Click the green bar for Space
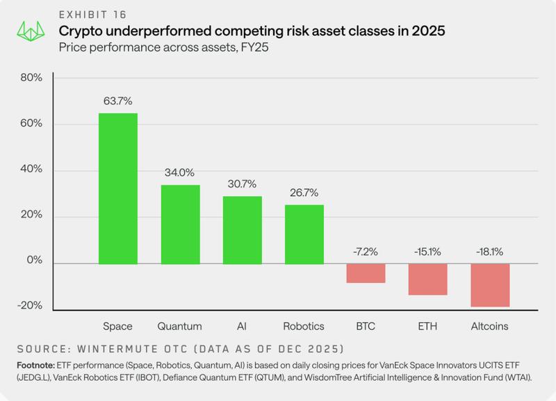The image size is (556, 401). [117, 188]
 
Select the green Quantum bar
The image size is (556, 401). [180, 224]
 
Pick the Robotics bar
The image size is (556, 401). [304, 234]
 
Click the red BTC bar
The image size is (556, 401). [366, 273]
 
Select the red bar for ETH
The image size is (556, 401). [427, 279]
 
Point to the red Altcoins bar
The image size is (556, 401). [489, 285]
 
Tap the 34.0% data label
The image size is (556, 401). [180, 172]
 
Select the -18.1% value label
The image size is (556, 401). [489, 252]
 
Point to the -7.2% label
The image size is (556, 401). [366, 252]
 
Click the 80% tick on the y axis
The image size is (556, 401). [31, 78]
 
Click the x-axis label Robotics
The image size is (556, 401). [304, 326]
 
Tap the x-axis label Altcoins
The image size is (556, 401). [489, 326]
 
